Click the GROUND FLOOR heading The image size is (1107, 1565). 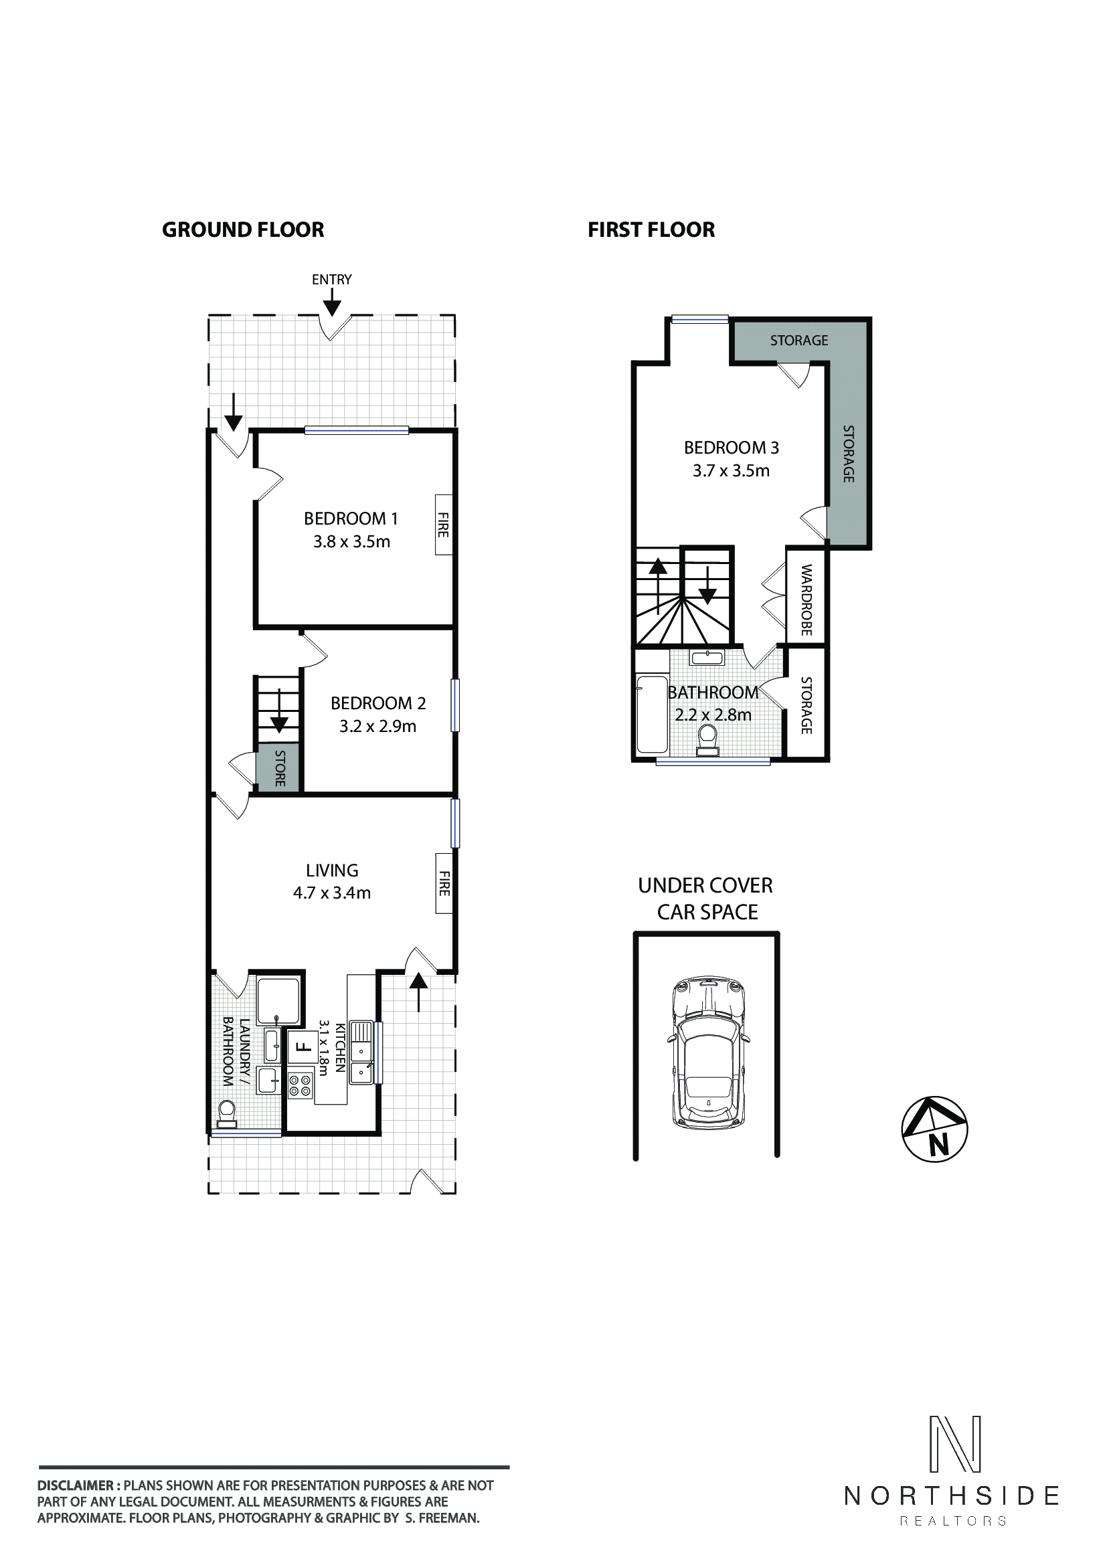pos(243,229)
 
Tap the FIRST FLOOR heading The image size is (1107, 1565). pos(651,229)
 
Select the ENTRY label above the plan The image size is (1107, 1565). pos(331,280)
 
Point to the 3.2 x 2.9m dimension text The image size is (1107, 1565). pos(377,727)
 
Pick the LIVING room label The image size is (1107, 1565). pos(332,870)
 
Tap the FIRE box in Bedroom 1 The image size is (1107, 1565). pos(444,525)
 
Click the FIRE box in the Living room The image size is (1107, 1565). pos(444,883)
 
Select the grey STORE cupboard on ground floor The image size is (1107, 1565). pos(278,768)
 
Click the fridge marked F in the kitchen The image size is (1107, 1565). pos(302,1047)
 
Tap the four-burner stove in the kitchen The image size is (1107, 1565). pos(300,1086)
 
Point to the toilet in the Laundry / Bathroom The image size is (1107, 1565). pos(226,1115)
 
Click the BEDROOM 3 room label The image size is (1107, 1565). pos(732,448)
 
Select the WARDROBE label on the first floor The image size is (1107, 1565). pos(806,600)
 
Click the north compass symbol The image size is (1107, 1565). pos(934,1129)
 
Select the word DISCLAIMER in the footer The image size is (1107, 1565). pos(75,1485)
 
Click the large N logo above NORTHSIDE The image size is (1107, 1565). pos(956,1444)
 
